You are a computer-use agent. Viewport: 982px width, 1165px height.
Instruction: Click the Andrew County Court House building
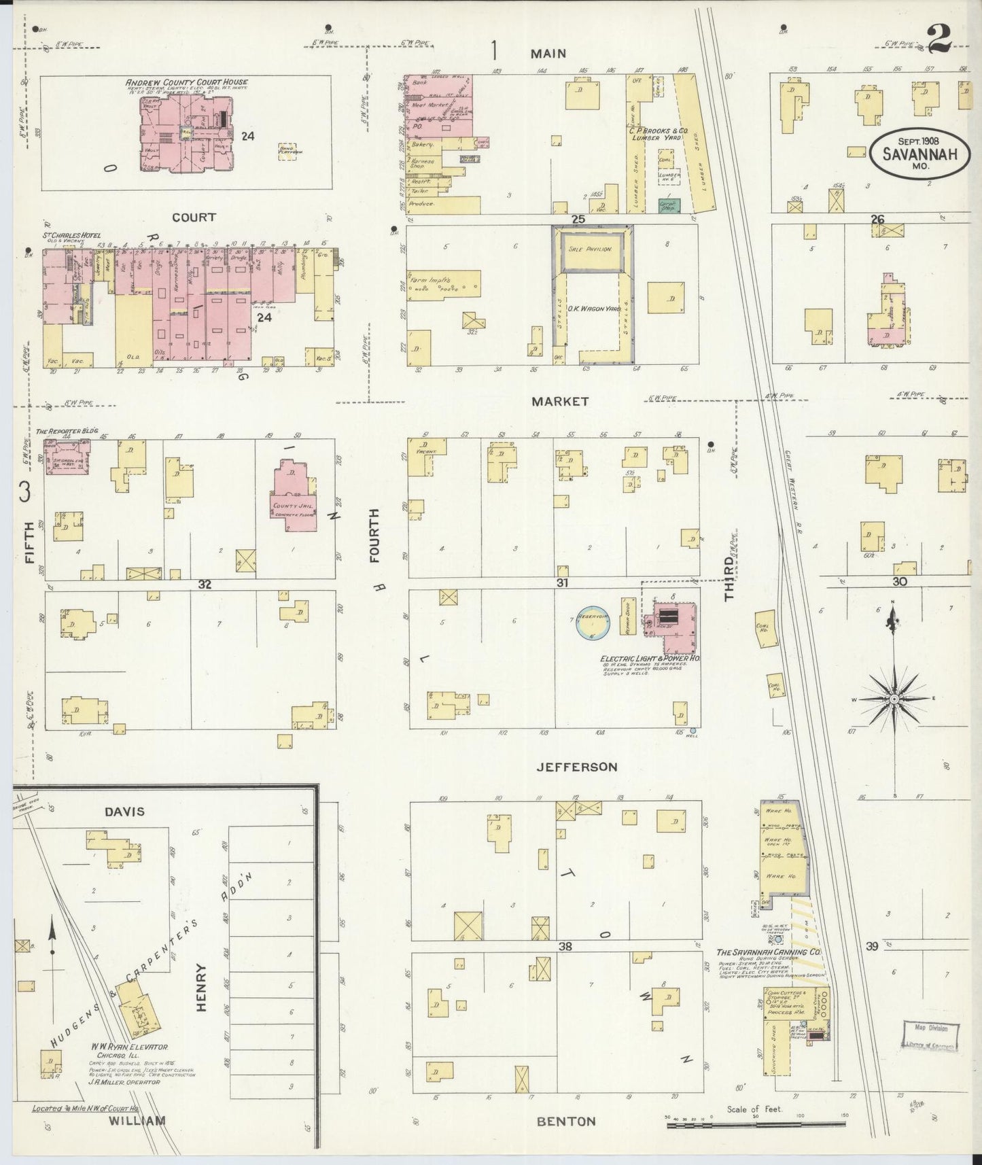point(184,133)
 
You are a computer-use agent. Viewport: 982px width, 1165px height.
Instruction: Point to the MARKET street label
point(559,402)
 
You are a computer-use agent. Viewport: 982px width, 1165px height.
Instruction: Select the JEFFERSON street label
point(576,767)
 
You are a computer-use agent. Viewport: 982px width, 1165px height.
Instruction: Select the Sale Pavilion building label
point(590,249)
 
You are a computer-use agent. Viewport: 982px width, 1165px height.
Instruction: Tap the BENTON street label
point(565,1121)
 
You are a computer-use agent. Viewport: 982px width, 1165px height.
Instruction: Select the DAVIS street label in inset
point(125,812)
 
